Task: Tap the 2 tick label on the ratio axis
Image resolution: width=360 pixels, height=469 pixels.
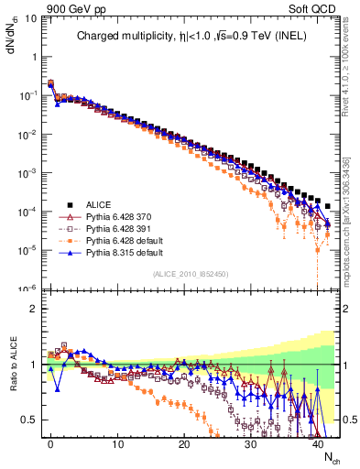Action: click(x=33, y=309)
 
